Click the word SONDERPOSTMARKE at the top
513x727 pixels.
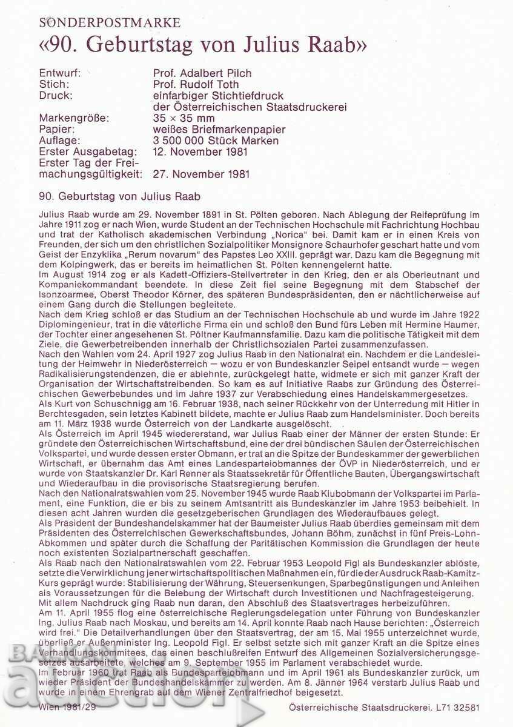110,23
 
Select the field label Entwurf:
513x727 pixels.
60,73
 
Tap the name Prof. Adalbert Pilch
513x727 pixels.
203,73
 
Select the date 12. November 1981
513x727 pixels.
200,151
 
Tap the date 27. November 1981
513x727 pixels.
200,174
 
